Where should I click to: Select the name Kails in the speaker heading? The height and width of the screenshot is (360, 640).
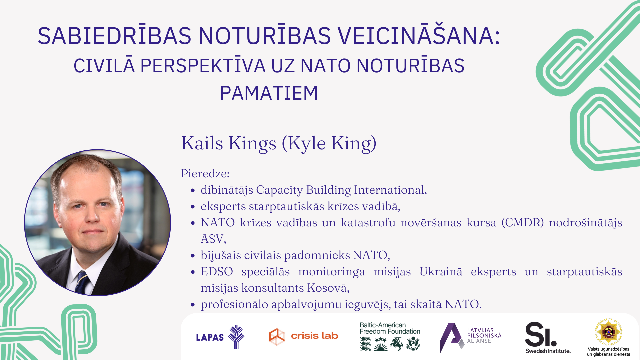click(202, 143)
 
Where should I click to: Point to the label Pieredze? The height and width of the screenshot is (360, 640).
click(205, 173)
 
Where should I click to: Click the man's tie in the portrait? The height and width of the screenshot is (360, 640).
click(81, 282)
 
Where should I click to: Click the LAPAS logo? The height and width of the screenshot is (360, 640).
click(220, 337)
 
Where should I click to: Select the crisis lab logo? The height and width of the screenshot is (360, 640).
click(303, 336)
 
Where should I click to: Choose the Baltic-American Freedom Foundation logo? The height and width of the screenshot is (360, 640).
click(390, 336)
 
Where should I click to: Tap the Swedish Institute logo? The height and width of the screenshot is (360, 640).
click(548, 337)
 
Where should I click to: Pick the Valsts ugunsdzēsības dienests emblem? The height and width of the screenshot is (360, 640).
click(608, 337)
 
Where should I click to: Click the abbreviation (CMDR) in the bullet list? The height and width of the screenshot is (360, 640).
click(523, 222)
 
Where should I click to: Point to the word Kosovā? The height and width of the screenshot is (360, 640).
click(328, 288)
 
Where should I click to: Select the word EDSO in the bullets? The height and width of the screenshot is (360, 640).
click(217, 271)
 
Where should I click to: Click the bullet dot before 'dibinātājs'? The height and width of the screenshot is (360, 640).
click(193, 190)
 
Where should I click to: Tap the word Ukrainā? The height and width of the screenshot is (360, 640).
click(441, 271)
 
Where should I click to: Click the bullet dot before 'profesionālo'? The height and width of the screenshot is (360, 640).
click(193, 305)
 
